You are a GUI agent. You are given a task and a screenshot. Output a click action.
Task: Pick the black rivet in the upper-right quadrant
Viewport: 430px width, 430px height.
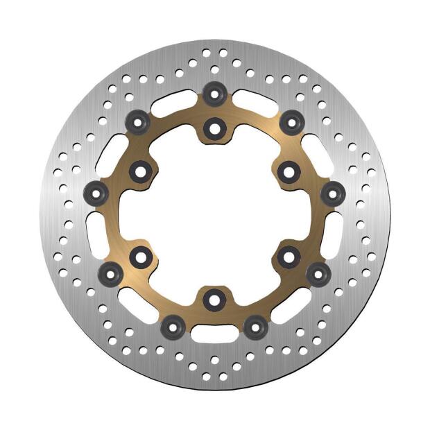point(291,122)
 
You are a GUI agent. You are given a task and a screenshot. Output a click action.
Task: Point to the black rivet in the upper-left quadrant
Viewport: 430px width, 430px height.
point(139,123)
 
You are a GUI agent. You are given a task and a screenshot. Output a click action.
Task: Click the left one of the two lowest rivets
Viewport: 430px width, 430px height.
point(171,324)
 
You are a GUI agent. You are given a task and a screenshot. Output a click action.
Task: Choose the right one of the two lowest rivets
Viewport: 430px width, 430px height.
point(256,324)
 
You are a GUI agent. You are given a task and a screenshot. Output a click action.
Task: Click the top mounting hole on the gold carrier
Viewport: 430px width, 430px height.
point(214,127)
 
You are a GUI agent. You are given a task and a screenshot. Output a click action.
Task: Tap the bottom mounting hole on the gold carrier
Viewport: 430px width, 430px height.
point(214,299)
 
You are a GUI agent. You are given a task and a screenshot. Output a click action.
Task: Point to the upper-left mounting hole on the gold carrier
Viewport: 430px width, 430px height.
point(141,169)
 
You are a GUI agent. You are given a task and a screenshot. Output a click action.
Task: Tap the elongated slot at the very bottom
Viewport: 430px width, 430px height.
point(214,336)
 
